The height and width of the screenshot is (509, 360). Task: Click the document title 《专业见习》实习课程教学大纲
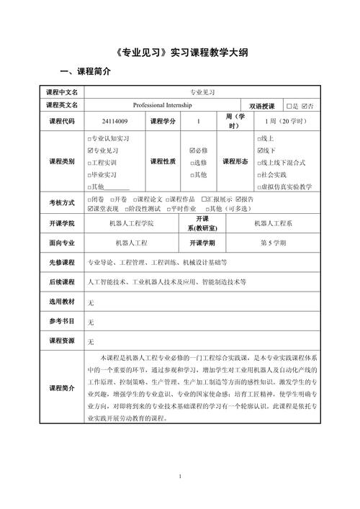[x=180, y=55]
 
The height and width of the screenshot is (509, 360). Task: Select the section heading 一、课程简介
[x=85, y=73]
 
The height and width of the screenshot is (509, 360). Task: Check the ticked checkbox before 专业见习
[x=89, y=150]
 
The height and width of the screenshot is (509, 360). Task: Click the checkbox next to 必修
[x=192, y=150]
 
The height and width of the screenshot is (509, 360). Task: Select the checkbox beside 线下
[x=260, y=150]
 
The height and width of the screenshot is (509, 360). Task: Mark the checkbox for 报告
[x=238, y=199]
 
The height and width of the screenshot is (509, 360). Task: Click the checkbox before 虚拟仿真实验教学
[x=260, y=186]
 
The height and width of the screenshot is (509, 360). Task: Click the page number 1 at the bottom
[x=180, y=477]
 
